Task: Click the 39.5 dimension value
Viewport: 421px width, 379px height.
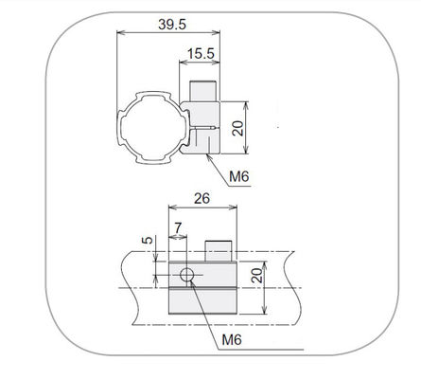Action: coord(172,25)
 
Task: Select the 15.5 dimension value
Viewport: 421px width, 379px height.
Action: coord(201,53)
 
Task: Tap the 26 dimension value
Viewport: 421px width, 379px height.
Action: coord(202,198)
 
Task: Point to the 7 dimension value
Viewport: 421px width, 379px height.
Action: coord(178,227)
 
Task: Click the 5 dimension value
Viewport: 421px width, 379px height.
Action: coord(148,240)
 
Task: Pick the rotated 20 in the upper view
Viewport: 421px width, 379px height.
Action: coord(238,128)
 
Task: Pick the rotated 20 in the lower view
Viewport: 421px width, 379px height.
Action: coord(257,275)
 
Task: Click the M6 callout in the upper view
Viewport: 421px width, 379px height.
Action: coord(239,176)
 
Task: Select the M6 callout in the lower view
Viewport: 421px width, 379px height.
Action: coord(232,340)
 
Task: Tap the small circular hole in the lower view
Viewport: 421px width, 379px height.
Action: coord(187,275)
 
